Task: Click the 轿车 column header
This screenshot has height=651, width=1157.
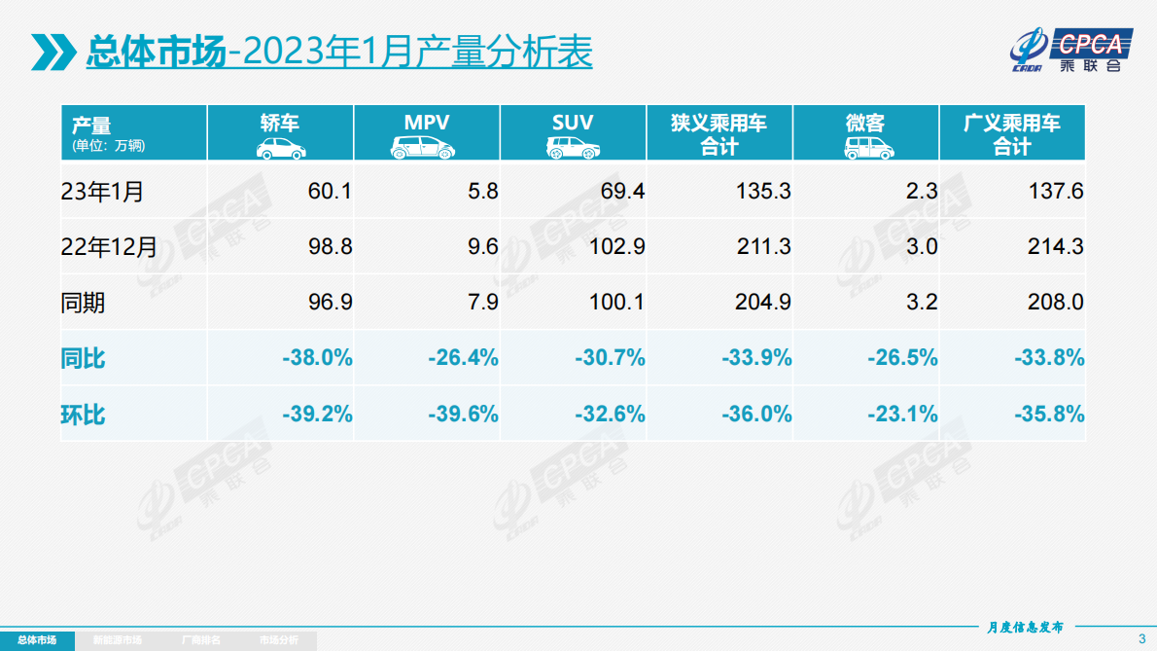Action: point(280,124)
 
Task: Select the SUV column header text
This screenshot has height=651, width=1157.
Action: point(573,124)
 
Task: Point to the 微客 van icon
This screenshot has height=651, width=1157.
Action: point(864,148)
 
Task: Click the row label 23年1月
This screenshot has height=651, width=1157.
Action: point(102,192)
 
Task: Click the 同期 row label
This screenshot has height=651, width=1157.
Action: point(83,303)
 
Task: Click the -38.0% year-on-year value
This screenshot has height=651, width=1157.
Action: point(317,358)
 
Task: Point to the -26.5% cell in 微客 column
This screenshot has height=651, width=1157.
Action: point(902,358)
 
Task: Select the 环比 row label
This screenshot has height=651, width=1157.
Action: point(83,415)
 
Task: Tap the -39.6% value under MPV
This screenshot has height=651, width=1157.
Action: point(463,415)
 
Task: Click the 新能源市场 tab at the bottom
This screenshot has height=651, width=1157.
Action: point(117,640)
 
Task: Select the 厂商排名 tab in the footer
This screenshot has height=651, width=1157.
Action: point(201,640)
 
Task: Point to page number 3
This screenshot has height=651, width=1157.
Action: point(1141,639)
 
